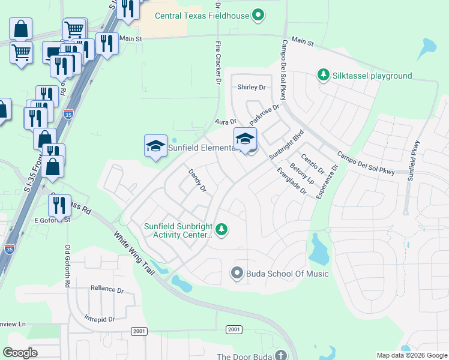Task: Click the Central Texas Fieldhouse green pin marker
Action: pyautogui.click(x=258, y=15)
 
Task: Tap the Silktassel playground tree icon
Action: pyautogui.click(x=324, y=75)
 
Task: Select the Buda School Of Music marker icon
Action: pyautogui.click(x=237, y=274)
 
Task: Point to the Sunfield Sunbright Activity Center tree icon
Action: pyautogui.click(x=221, y=230)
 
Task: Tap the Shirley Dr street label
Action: pyautogui.click(x=251, y=87)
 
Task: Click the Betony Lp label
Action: pyautogui.click(x=302, y=173)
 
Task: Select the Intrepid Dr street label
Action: pyautogui.click(x=100, y=319)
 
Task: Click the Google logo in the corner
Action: pyautogui.click(x=20, y=353)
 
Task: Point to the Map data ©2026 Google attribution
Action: pyautogui.click(x=411, y=355)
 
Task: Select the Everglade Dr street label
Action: pyautogui.click(x=292, y=181)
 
